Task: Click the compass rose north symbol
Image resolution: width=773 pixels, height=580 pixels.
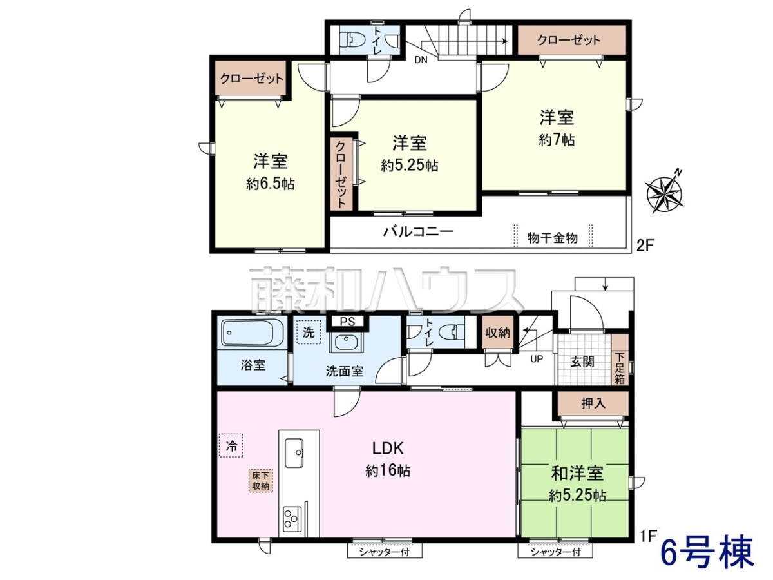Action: click(x=665, y=192)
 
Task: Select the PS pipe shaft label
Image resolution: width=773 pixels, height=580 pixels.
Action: click(x=347, y=322)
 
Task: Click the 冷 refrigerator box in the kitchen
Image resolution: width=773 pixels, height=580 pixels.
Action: click(x=231, y=445)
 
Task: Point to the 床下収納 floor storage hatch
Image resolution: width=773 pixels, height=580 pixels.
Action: click(x=261, y=481)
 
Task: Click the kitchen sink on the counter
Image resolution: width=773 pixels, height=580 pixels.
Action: click(x=294, y=453)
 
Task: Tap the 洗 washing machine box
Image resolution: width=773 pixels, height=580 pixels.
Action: click(x=309, y=332)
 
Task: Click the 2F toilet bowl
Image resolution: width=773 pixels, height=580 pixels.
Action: click(x=349, y=40)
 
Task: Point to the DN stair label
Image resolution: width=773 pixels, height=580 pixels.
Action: click(x=421, y=60)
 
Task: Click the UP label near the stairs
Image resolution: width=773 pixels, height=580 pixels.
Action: click(x=537, y=359)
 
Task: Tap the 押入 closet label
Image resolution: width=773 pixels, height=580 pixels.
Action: click(x=593, y=403)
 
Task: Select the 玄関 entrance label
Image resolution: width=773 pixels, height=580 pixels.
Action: click(x=582, y=362)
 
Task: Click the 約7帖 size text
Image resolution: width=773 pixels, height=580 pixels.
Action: click(x=557, y=140)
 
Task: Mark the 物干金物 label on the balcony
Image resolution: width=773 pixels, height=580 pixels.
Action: click(x=553, y=238)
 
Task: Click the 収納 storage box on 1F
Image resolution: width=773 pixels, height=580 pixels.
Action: click(x=497, y=333)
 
